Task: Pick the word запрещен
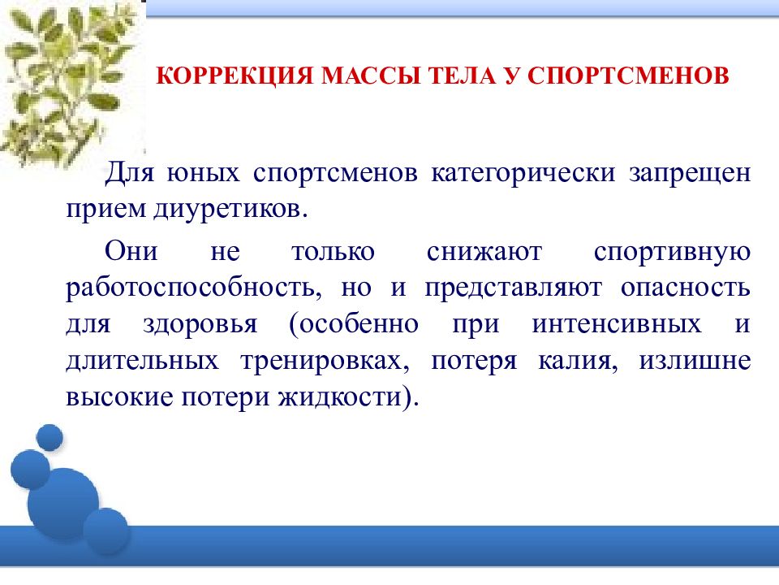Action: (x=687, y=175)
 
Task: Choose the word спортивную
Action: (x=671, y=251)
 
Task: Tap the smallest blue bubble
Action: (x=49, y=436)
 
